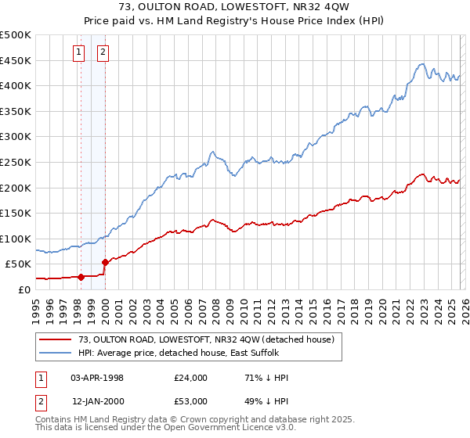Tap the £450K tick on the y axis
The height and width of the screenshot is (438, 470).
(16, 60)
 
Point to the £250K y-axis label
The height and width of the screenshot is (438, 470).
(16, 162)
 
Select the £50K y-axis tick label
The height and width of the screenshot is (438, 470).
(19, 264)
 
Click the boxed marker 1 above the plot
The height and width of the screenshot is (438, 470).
(80, 53)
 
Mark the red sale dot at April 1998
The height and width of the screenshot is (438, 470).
(81, 276)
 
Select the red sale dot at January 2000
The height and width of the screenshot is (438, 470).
(105, 262)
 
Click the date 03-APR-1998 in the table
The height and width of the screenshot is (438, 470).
(97, 378)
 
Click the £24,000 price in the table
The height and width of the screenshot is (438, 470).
(191, 378)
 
